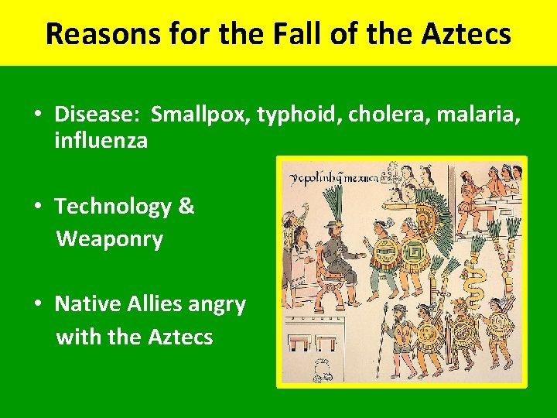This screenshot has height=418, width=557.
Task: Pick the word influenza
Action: [101, 141]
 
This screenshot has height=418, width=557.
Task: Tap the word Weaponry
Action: [109, 239]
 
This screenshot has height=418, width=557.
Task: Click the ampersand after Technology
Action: [186, 207]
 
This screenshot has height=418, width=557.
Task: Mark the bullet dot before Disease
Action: [37, 115]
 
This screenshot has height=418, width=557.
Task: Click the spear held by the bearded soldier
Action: [381, 341]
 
